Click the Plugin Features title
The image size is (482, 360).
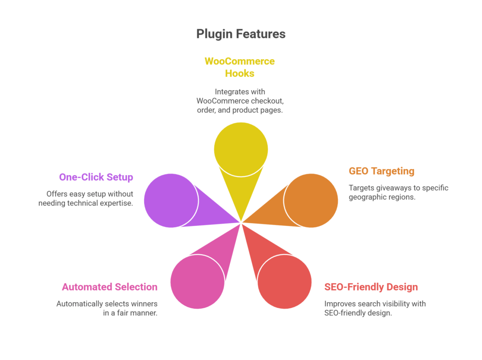(241, 34)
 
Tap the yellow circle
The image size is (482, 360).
(241, 149)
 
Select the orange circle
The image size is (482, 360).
(311, 200)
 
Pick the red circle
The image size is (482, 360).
(284, 281)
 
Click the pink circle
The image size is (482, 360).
(197, 281)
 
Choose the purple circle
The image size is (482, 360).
(171, 200)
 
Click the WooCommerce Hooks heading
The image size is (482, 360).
(240, 67)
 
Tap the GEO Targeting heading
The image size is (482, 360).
(381, 171)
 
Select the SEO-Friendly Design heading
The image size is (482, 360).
(371, 287)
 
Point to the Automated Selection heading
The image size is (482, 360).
(110, 287)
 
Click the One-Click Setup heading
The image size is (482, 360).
(96, 177)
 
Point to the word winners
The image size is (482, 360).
(144, 304)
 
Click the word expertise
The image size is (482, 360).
(117, 203)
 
